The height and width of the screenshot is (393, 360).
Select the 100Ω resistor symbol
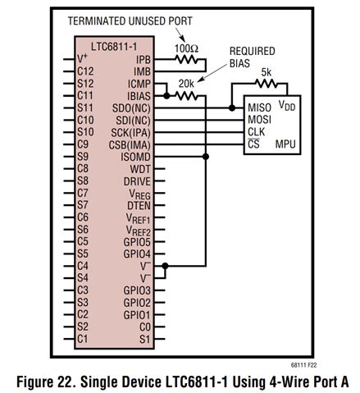point(188,59)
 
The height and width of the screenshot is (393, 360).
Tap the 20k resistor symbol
point(188,95)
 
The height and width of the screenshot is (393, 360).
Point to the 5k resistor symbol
point(266,83)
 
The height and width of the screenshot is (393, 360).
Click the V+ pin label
point(83,59)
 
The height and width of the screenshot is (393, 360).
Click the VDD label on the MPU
point(288,107)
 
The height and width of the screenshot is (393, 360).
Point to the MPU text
point(286,144)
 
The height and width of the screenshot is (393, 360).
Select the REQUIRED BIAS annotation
point(251,57)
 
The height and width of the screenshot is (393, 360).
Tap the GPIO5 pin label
point(137,241)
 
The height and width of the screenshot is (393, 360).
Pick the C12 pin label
point(84,71)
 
